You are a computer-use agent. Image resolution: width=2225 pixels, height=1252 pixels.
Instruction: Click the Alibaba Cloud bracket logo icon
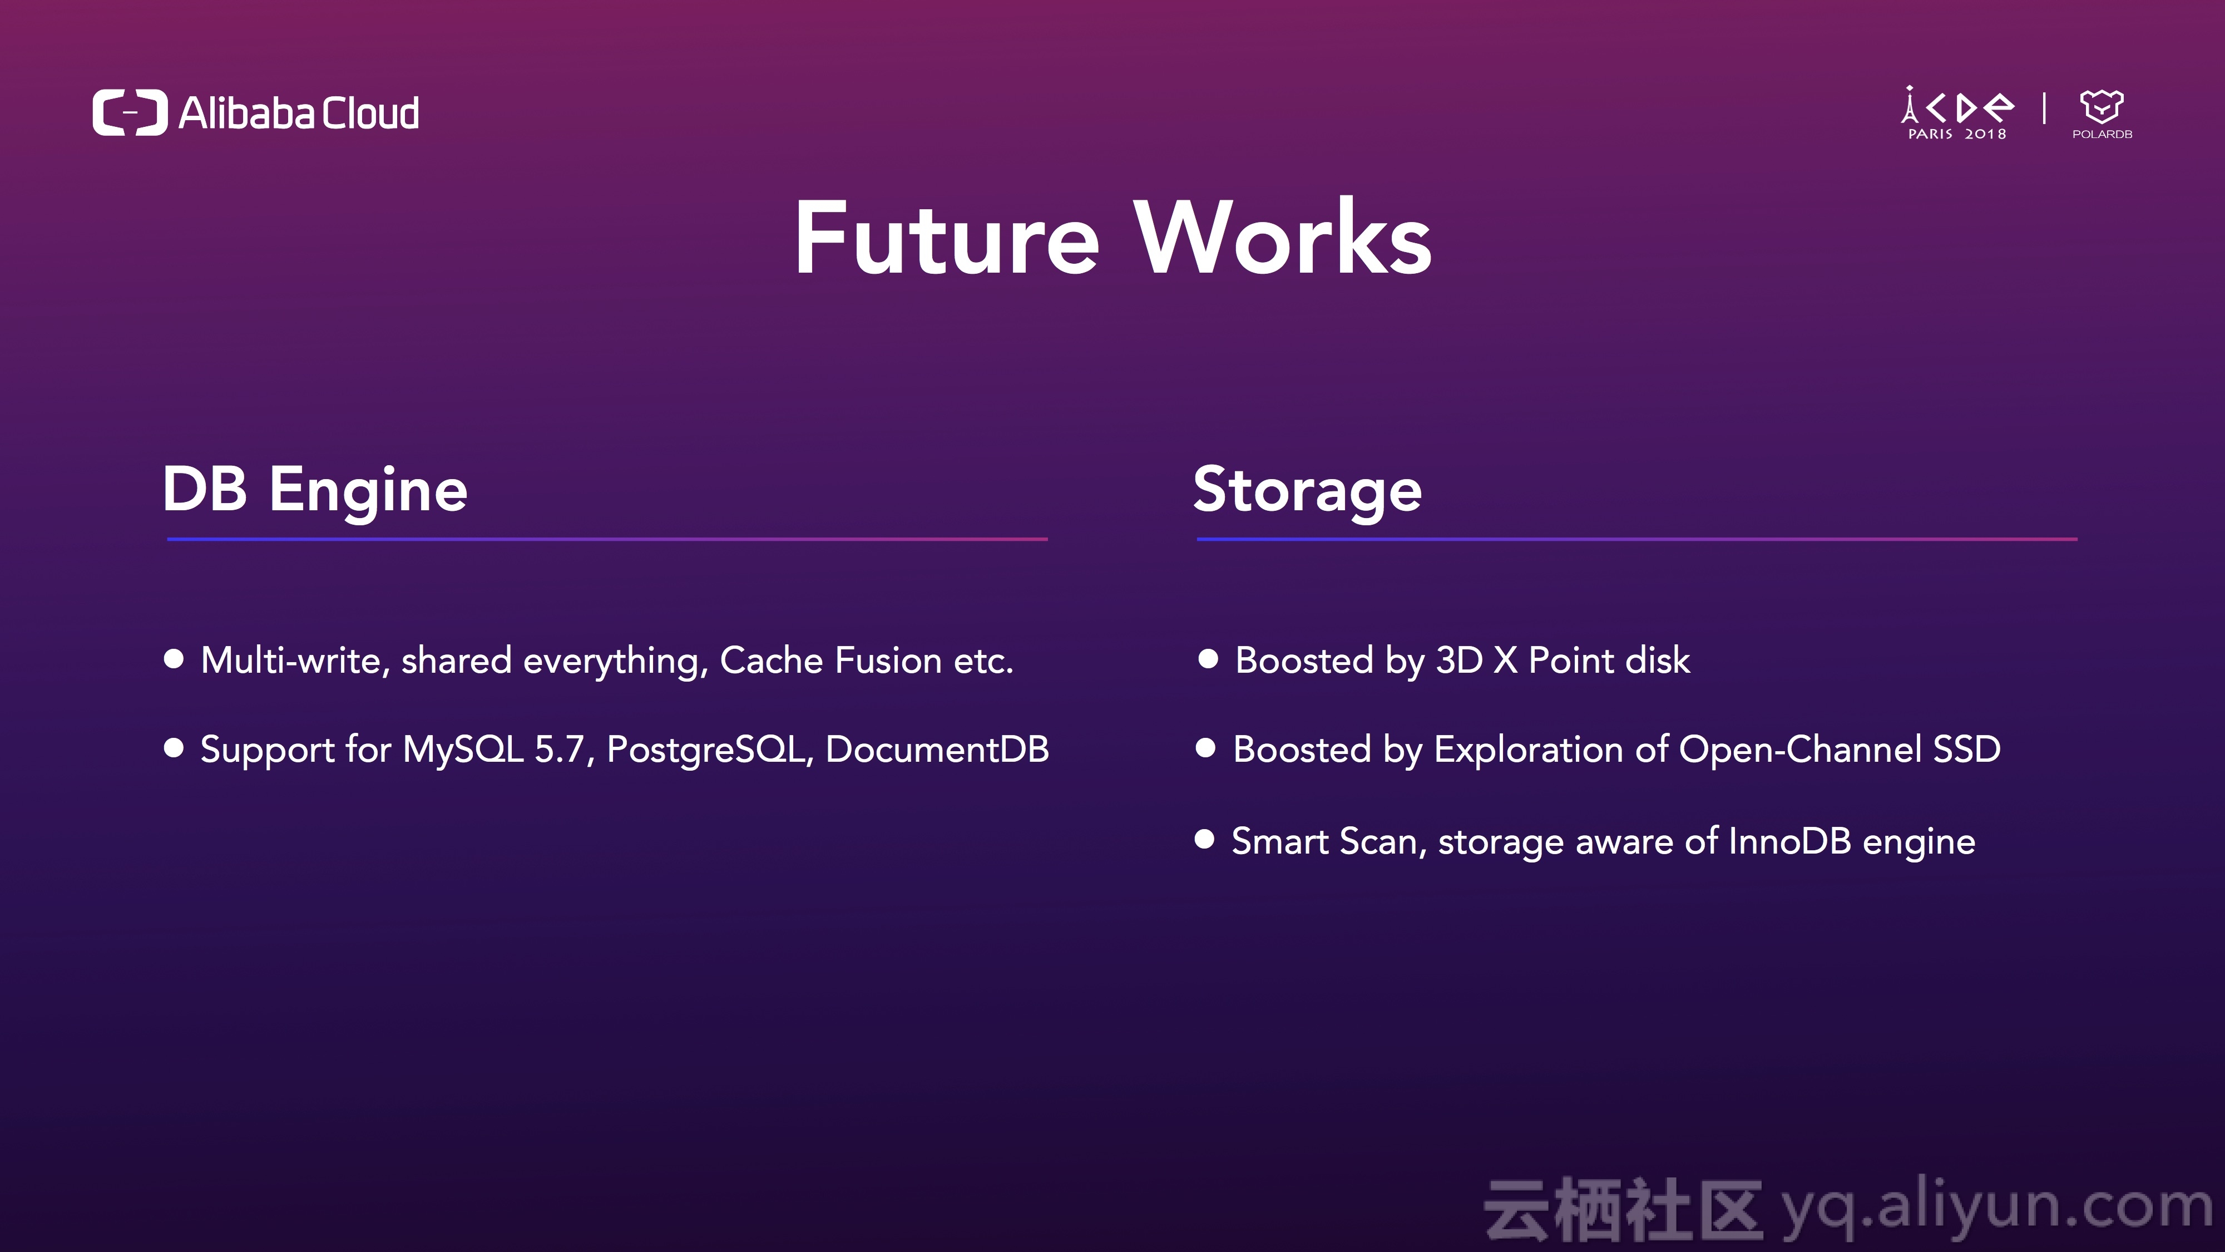[x=130, y=112]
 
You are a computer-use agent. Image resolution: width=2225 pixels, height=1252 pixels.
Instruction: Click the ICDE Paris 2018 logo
[x=1957, y=113]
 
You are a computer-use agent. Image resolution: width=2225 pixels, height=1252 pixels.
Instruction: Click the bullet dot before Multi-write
[x=174, y=659]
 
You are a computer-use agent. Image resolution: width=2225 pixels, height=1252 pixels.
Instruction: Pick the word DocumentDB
[x=937, y=749]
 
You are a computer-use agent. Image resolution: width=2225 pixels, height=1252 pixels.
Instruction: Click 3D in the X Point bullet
[x=1459, y=660]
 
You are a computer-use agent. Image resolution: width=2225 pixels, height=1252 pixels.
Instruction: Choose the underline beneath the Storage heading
[x=1637, y=539]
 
